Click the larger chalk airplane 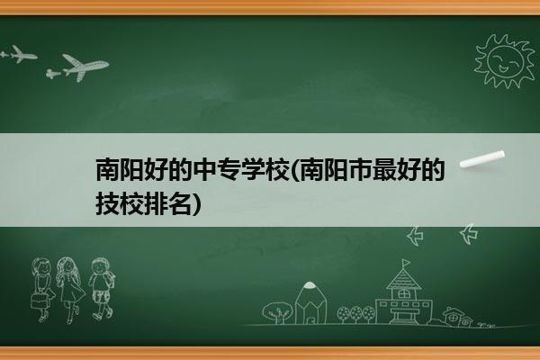tap(85, 67)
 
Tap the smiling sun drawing tap(505, 61)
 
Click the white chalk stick tap(482, 159)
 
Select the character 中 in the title tap(204, 169)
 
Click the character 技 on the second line tap(107, 203)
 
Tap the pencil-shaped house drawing tap(310, 303)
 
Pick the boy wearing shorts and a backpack tap(101, 289)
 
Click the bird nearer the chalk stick tap(469, 234)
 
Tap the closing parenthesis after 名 tap(195, 204)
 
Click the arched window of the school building tap(403, 294)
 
